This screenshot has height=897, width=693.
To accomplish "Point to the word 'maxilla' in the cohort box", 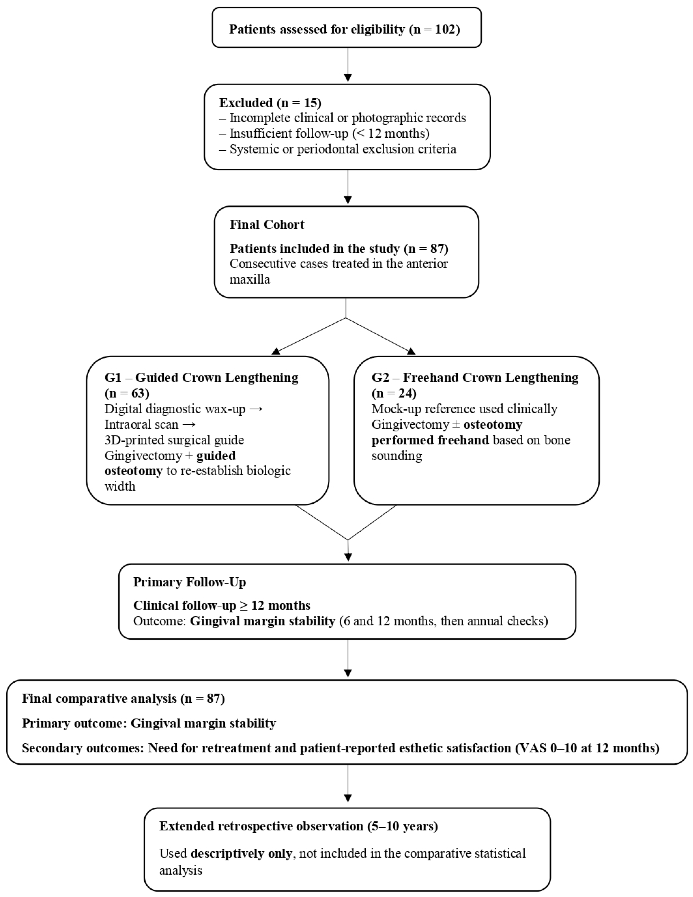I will (249, 280).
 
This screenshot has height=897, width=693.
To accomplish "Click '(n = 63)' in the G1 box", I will (127, 393).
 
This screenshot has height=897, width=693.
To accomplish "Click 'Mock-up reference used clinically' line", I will (464, 409).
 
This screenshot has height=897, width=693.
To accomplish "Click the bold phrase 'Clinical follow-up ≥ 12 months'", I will (221, 606).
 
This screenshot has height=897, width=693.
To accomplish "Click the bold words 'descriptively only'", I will (241, 854).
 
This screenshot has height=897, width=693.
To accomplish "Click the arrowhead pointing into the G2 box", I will (411, 351).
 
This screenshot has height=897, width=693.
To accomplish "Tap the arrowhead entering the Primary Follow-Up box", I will (348, 557).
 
